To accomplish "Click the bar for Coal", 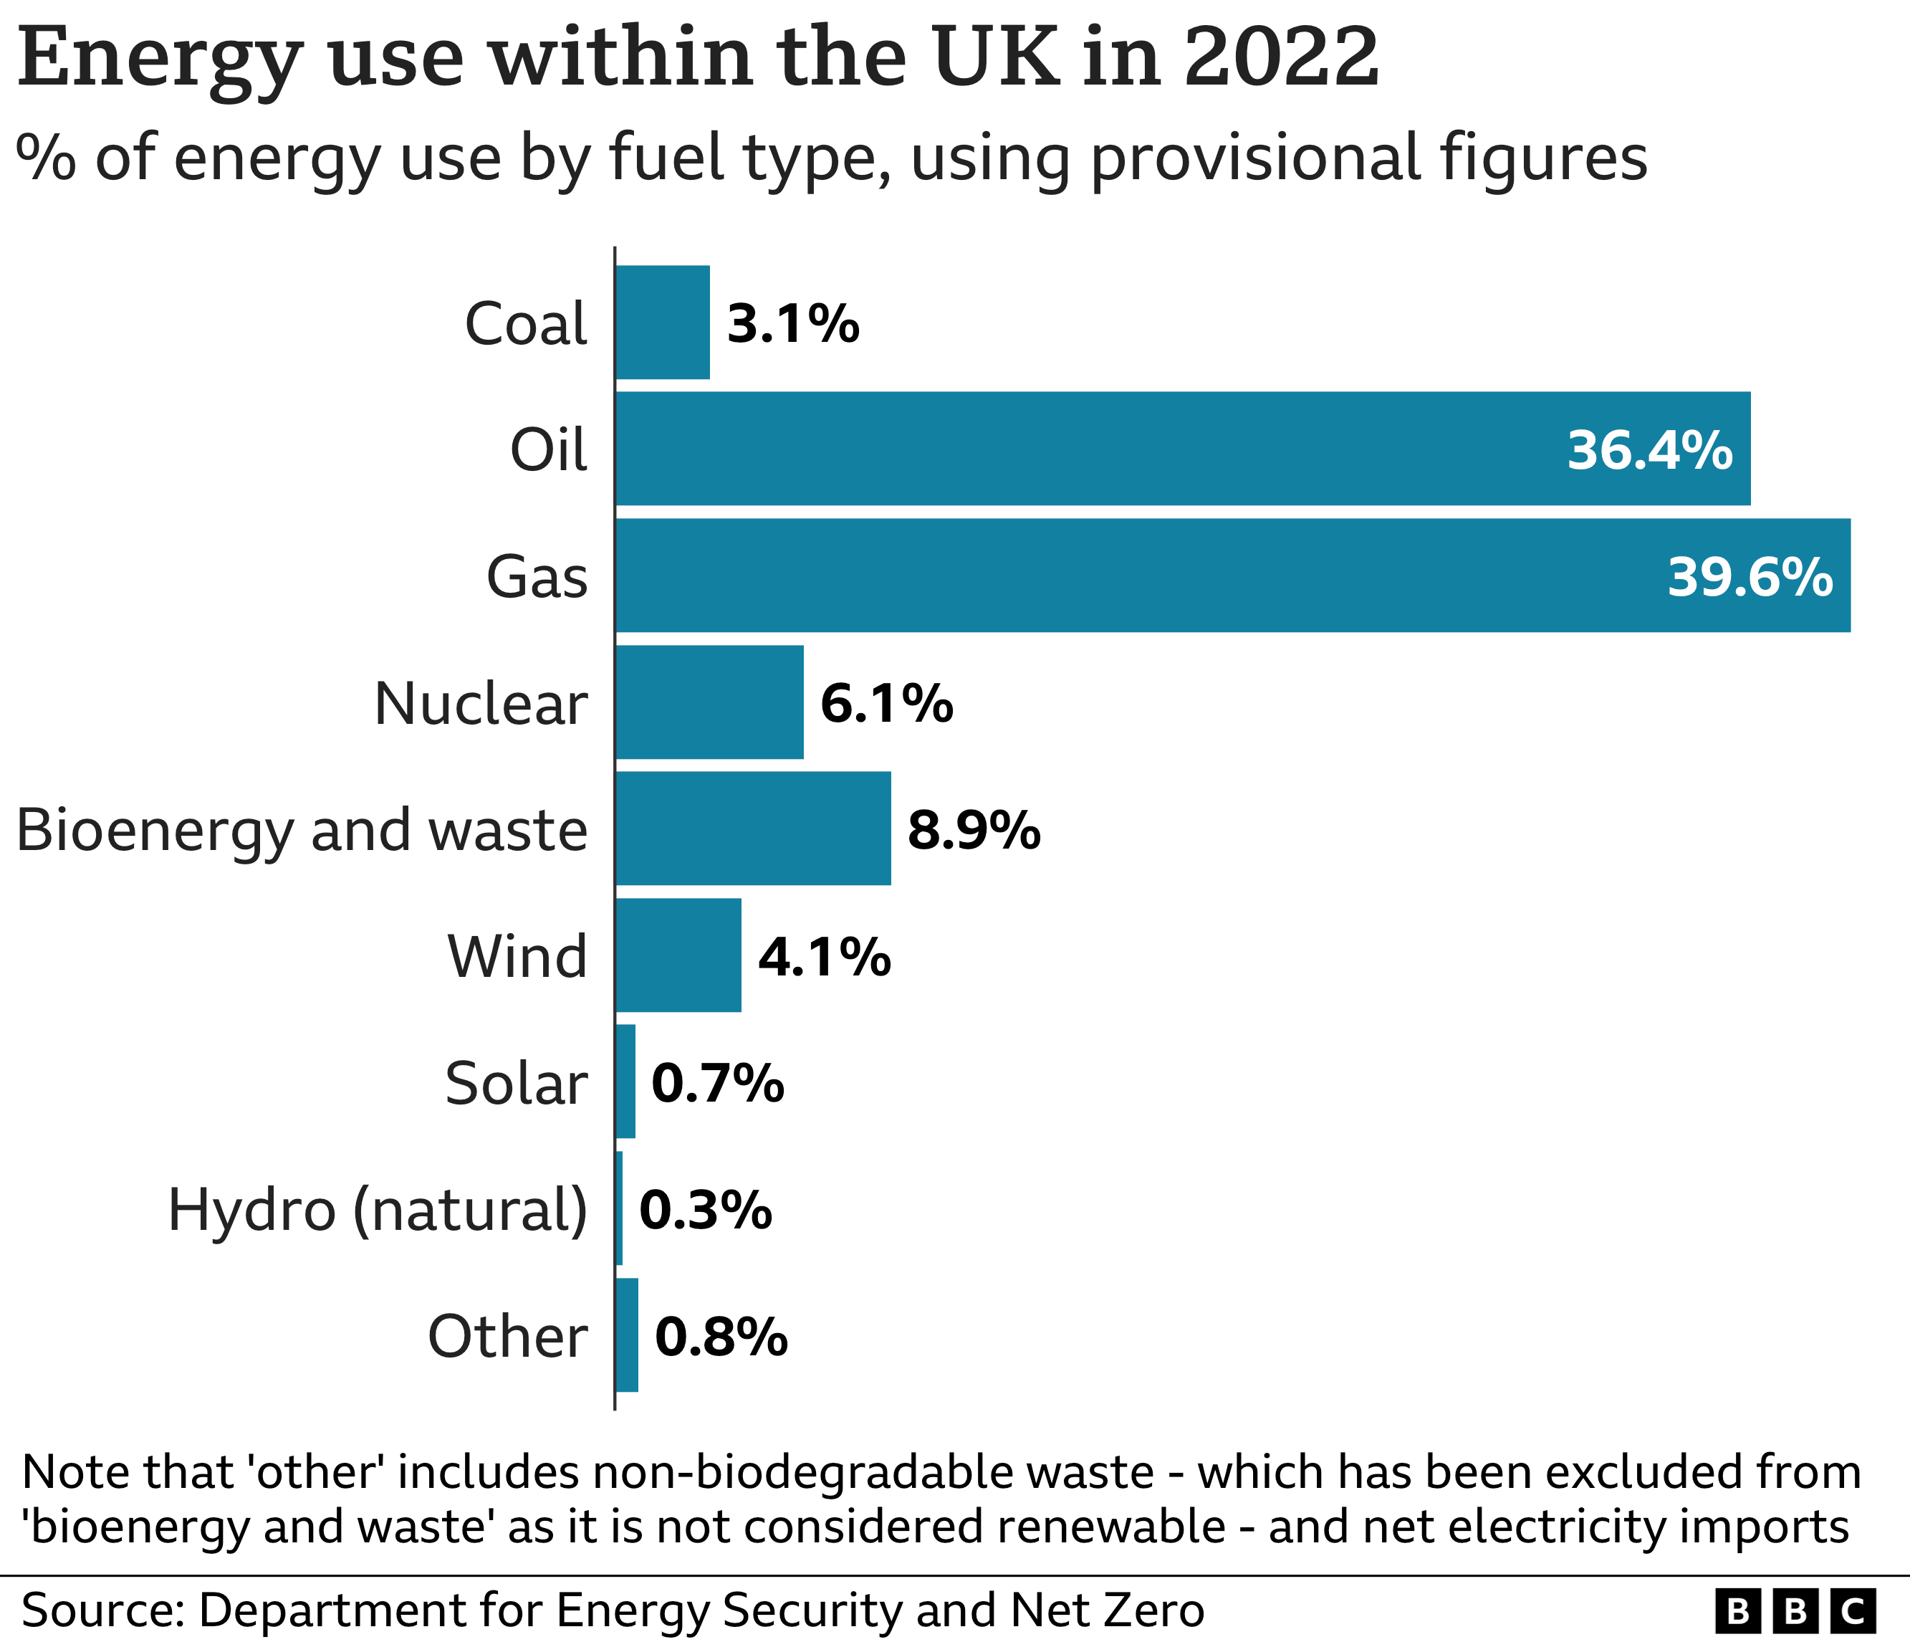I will [663, 322].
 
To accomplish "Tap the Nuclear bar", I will [709, 702].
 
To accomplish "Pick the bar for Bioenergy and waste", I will [753, 829].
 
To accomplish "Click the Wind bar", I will [678, 955].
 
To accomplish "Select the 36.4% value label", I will [1649, 451].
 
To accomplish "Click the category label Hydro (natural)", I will [377, 1210].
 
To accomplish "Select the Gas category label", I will [537, 577].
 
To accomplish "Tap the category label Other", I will [507, 1337].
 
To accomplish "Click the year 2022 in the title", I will [1281, 57].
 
